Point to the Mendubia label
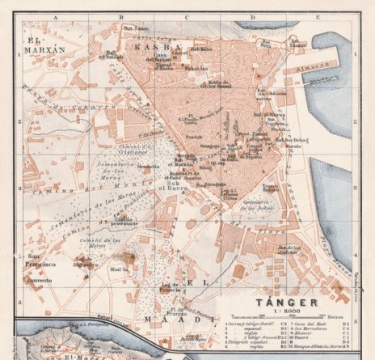coord(149,167)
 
